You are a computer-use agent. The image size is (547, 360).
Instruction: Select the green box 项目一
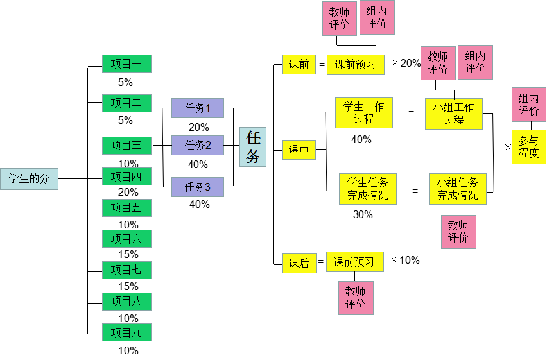coord(126,64)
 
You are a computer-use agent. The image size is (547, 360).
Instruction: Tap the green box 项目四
coord(126,176)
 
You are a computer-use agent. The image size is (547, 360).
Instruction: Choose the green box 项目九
coord(126,332)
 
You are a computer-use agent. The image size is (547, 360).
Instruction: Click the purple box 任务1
coord(197,108)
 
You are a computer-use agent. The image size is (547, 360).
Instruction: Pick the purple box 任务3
coord(197,187)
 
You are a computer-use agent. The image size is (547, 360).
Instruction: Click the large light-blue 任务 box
coord(253,147)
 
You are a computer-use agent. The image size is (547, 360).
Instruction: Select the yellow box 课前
coord(299,65)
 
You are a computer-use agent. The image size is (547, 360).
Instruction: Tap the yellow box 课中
coord(299,150)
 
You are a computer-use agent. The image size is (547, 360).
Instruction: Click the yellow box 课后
coord(299,263)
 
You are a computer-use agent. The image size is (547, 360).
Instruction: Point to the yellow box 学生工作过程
coord(363,113)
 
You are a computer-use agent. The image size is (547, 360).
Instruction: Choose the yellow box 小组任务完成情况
coord(457,189)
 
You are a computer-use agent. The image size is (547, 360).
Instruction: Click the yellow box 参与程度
coord(528,147)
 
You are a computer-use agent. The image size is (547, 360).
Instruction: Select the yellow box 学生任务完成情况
coord(367,189)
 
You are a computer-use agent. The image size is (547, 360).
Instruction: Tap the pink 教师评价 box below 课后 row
coord(356,298)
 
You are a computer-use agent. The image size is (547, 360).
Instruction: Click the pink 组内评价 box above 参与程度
coord(528,105)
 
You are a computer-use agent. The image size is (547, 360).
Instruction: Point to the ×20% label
coord(406,63)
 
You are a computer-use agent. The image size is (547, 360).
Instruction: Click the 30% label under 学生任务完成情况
coord(363,215)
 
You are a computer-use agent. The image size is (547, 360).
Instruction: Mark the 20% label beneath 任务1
coord(198,127)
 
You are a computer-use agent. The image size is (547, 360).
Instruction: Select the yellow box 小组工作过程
coord(453,114)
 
